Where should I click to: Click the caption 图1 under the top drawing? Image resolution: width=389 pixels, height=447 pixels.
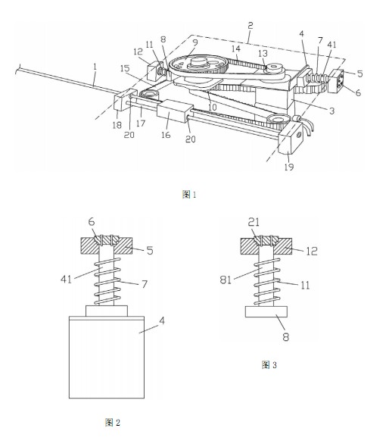coord(189,195)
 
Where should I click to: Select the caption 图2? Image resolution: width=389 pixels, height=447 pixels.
coord(113,422)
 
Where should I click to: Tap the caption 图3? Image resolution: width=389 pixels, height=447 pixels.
coord(269,364)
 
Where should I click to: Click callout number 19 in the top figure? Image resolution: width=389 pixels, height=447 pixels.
coord(289,167)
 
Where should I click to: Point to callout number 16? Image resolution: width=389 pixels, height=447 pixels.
coord(166,135)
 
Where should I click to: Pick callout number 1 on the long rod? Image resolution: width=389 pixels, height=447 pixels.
coord(95,67)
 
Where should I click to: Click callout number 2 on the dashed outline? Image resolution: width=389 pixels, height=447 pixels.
coord(250,26)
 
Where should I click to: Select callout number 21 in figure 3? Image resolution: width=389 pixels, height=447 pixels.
coord(254,222)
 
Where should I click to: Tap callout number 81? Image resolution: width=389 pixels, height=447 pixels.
coord(226,280)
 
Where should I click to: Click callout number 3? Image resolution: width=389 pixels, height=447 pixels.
coord(331,111)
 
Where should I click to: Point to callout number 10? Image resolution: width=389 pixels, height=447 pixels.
coord(213,107)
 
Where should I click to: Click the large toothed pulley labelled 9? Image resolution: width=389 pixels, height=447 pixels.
coord(198,65)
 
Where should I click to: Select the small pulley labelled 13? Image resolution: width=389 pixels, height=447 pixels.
coord(274,68)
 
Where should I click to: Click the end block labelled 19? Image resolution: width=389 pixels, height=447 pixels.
coord(291,139)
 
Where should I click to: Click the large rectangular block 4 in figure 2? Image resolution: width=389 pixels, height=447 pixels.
coord(107,357)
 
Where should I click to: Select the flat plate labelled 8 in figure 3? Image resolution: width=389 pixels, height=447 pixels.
coord(266,311)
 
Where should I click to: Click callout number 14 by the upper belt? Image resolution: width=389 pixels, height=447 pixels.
coord(236,48)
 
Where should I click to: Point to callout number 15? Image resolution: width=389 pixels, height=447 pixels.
coord(125,68)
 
